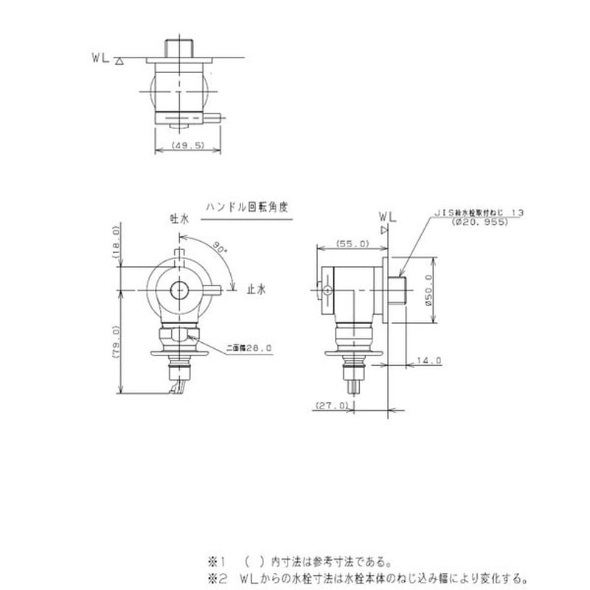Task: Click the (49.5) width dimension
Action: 187,147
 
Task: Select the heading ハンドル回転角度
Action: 246,208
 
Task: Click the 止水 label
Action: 256,290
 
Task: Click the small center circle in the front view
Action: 179,290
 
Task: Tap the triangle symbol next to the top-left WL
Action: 119,62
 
